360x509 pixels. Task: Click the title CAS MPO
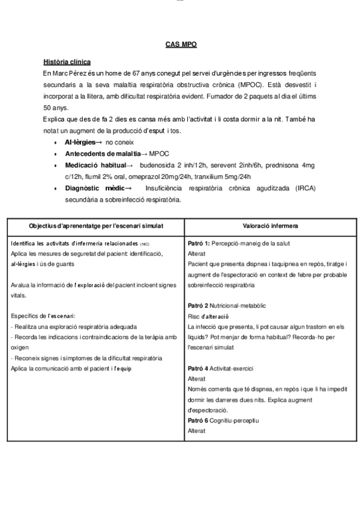180,44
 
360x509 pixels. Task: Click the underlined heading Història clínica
67,62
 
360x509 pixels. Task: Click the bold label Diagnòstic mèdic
94,188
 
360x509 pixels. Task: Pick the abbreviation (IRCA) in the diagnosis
304,188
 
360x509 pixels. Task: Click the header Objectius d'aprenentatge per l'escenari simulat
96,225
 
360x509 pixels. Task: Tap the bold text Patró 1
199,243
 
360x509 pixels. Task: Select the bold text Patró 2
199,306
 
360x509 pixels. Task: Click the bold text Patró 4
199,368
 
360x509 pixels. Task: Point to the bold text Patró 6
199,420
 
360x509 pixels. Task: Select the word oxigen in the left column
20,348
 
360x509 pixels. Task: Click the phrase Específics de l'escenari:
43,316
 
